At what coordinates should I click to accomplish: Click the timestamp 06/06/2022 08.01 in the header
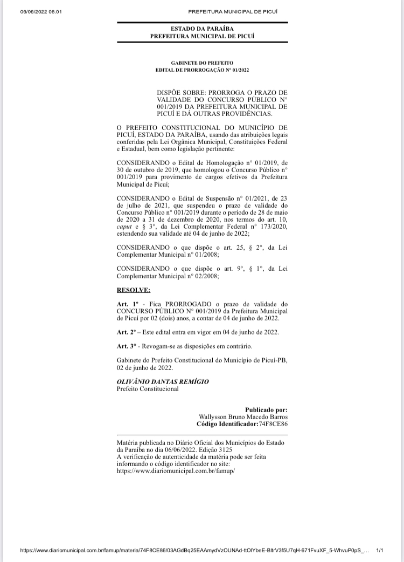(x=41, y=12)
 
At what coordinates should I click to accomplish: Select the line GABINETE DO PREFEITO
(x=202, y=63)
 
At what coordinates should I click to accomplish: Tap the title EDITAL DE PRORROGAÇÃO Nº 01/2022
(x=202, y=70)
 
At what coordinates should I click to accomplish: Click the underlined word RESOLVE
(x=133, y=290)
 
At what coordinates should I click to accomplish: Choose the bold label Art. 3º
(x=126, y=346)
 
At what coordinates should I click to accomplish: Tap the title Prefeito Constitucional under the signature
(x=148, y=389)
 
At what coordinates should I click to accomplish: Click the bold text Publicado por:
(x=266, y=409)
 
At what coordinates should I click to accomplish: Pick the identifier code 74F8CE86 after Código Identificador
(x=273, y=424)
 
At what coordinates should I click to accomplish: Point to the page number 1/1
(x=379, y=551)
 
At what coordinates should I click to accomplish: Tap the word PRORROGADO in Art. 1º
(x=184, y=304)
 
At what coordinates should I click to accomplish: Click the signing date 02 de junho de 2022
(x=145, y=368)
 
